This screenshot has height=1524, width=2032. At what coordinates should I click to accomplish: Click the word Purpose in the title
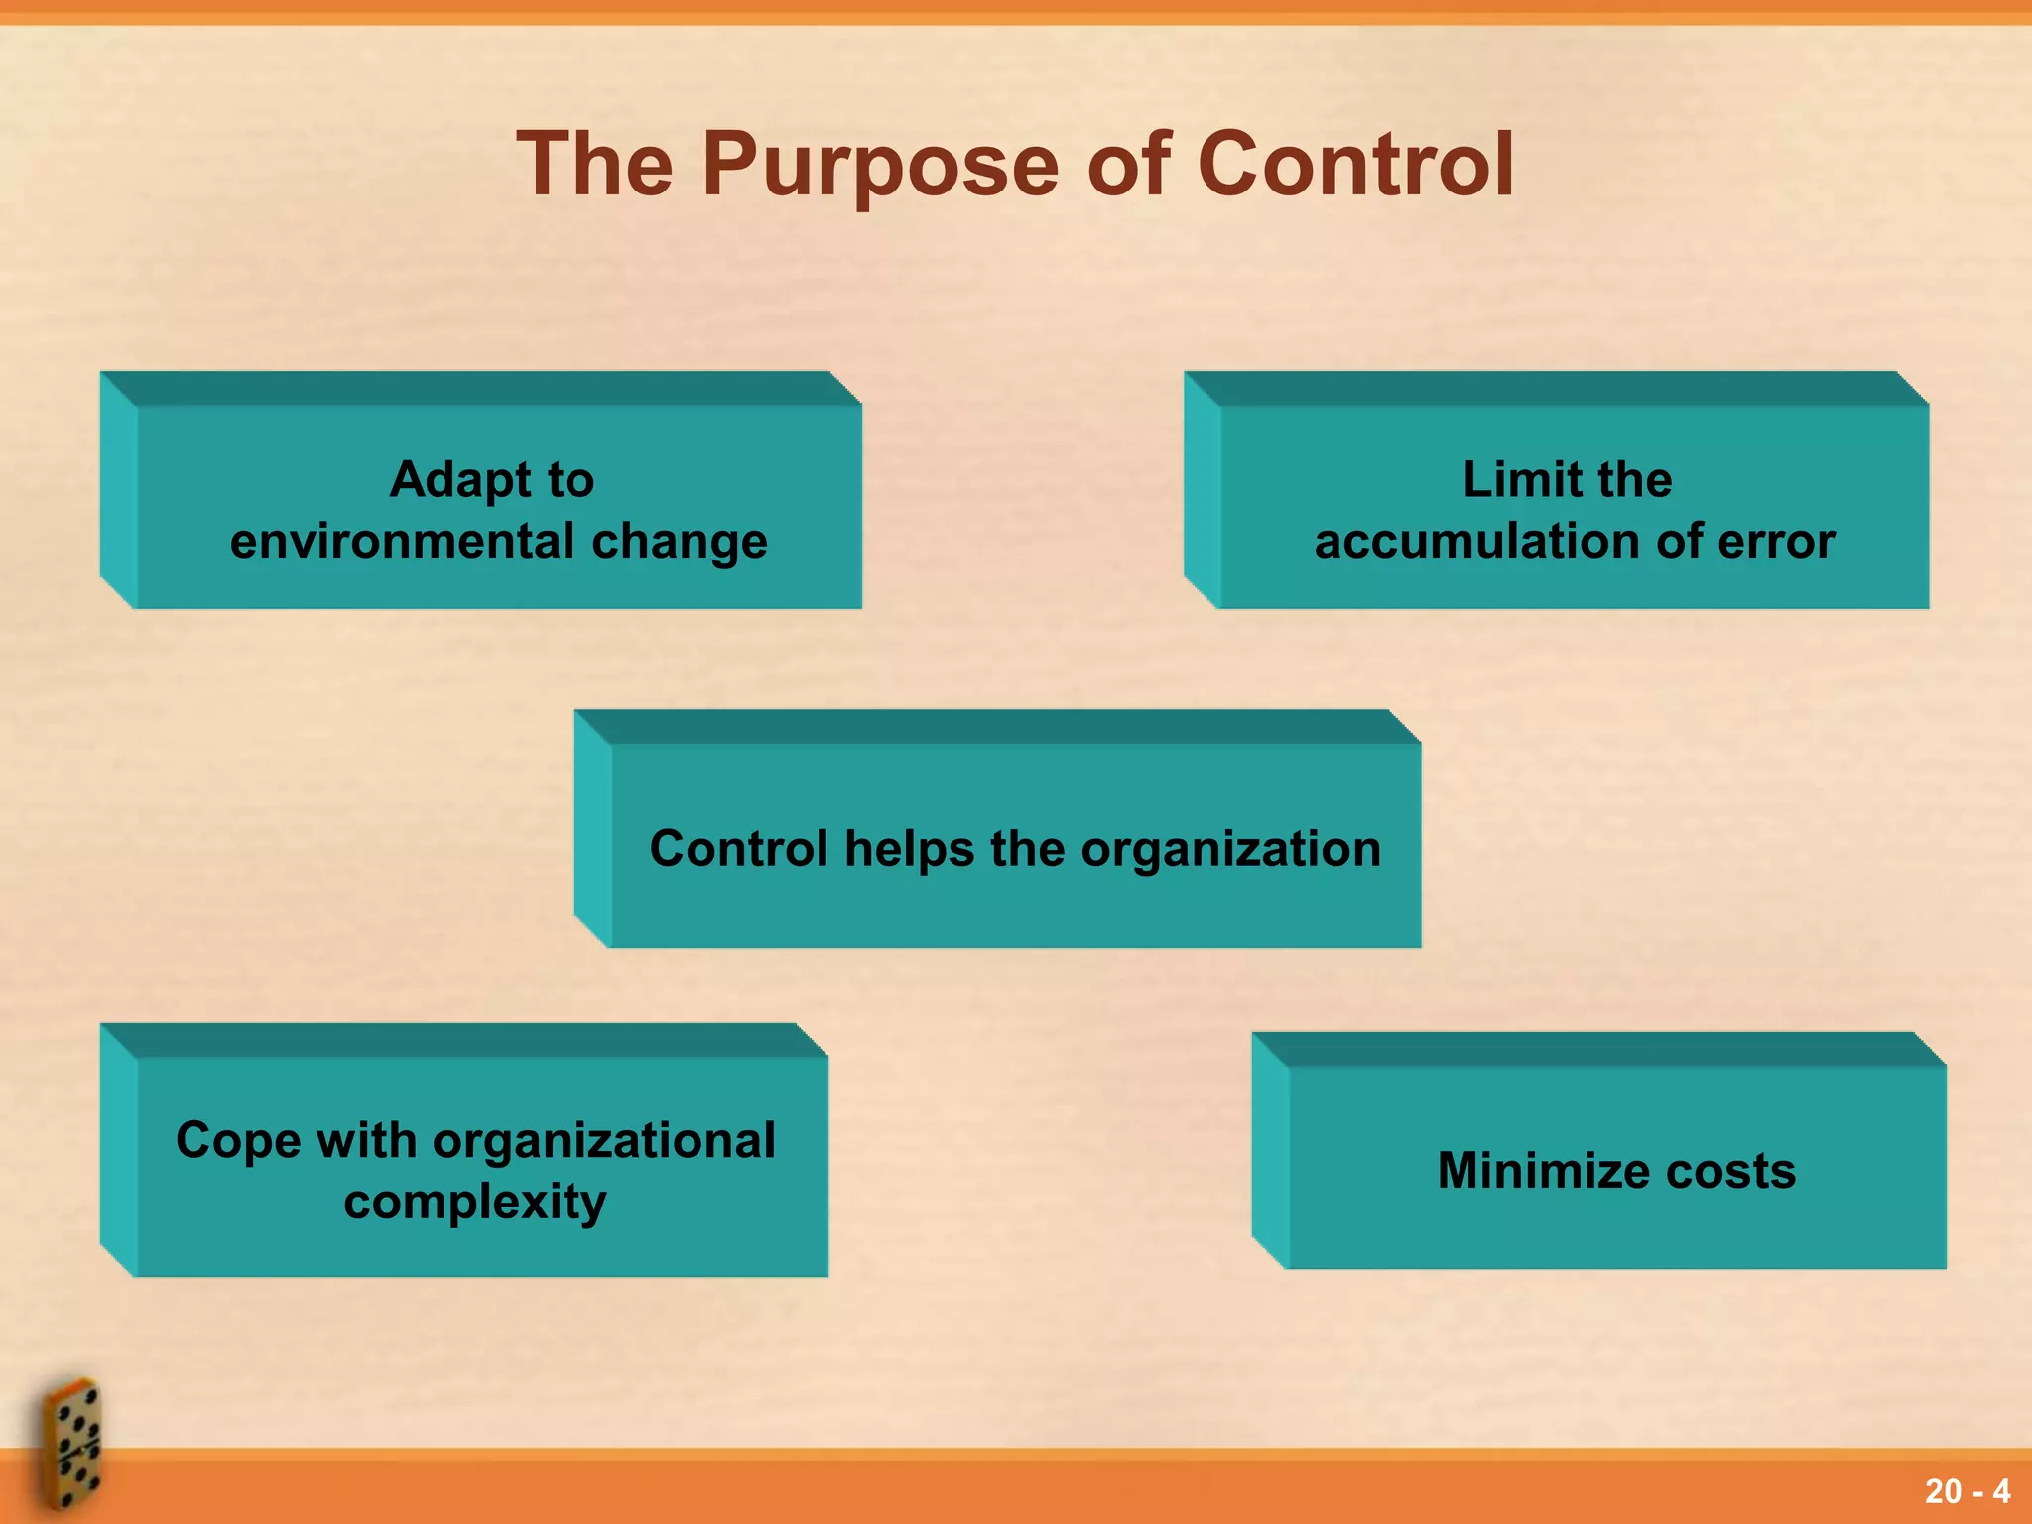point(882,167)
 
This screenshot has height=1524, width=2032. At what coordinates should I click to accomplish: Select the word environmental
point(403,542)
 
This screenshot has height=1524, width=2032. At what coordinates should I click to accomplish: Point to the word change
point(680,542)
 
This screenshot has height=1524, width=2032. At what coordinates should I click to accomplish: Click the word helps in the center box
point(909,850)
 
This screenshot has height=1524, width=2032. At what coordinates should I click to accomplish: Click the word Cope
point(238,1141)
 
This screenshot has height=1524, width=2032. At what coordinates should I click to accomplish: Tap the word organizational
point(604,1141)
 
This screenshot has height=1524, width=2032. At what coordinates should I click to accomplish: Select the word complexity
point(475,1203)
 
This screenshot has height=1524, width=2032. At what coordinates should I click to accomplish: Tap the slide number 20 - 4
point(1967,1491)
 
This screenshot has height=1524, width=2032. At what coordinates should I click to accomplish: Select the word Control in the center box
point(738,850)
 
